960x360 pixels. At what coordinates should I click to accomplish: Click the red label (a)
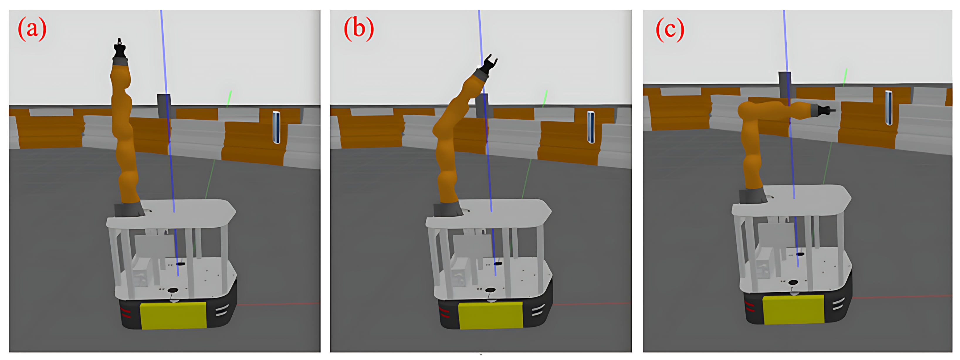click(x=32, y=29)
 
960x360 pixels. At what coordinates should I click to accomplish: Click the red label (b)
click(x=358, y=29)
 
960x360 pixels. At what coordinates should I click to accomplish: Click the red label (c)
click(x=670, y=29)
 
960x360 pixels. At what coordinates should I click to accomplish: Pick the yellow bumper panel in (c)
click(x=793, y=309)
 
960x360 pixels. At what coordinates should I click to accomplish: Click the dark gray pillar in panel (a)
click(x=164, y=106)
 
